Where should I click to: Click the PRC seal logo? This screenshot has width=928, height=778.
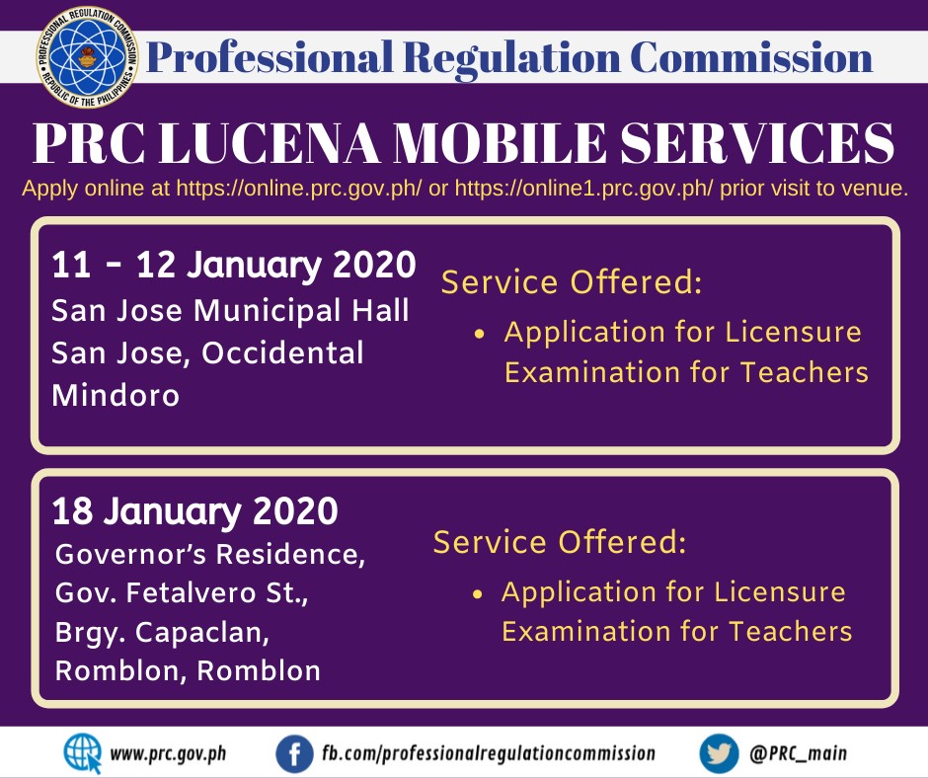pyautogui.click(x=87, y=57)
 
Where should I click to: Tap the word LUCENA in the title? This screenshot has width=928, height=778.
pyautogui.click(x=270, y=143)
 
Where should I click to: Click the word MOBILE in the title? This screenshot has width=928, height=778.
pyautogui.click(x=501, y=143)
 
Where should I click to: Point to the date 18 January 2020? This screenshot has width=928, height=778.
pyautogui.click(x=194, y=511)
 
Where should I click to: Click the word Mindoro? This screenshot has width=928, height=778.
pyautogui.click(x=116, y=395)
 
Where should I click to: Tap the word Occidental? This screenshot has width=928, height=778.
pyautogui.click(x=282, y=352)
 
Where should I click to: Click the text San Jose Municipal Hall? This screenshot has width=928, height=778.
pyautogui.click(x=230, y=311)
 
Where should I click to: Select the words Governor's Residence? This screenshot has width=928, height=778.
pyautogui.click(x=210, y=555)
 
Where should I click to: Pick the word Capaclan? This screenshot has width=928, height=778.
pyautogui.click(x=201, y=633)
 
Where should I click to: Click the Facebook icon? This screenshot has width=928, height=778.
pyautogui.click(x=294, y=754)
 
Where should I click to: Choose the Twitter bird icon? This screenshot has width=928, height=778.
pyautogui.click(x=719, y=754)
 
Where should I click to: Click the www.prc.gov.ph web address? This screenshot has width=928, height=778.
pyautogui.click(x=168, y=754)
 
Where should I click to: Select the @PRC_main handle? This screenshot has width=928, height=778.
pyautogui.click(x=798, y=753)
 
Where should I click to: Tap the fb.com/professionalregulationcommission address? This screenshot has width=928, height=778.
pyautogui.click(x=489, y=753)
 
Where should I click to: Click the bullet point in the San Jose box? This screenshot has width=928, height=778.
pyautogui.click(x=479, y=334)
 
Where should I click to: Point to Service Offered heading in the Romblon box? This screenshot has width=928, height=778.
pyautogui.click(x=560, y=542)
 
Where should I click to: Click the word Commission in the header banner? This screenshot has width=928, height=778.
pyautogui.click(x=751, y=58)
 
